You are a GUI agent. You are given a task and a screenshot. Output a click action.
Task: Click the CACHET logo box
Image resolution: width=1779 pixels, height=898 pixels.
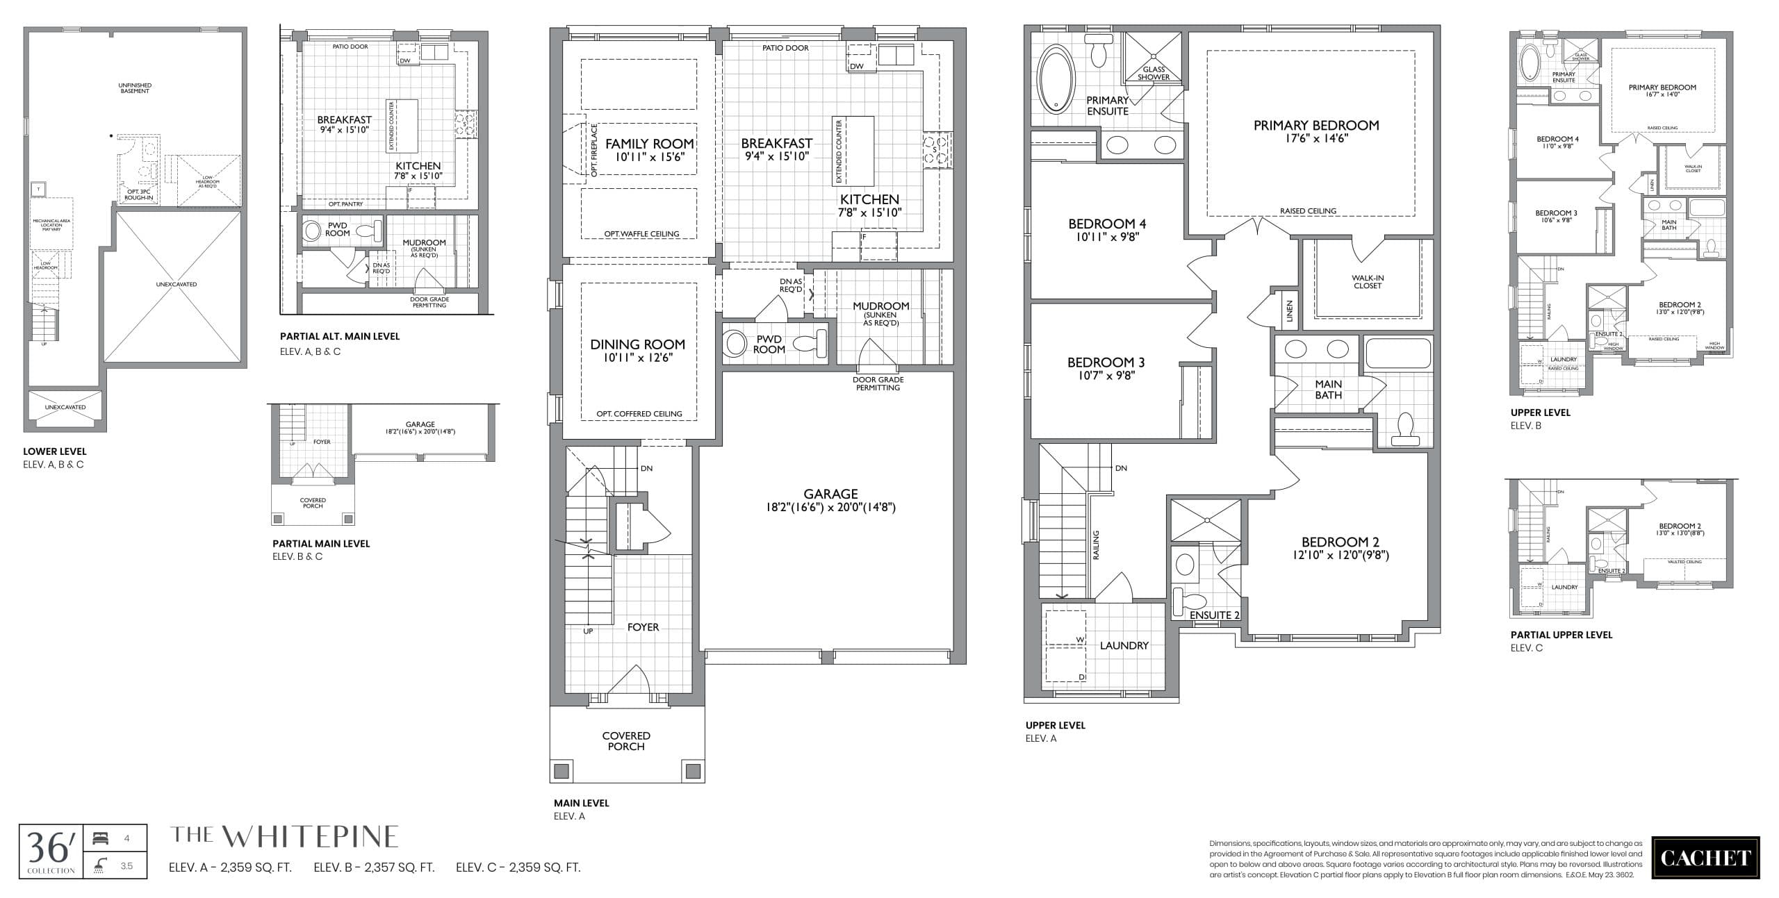coord(1705,858)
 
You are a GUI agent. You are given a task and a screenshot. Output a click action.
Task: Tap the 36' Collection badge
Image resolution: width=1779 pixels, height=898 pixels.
coord(51,851)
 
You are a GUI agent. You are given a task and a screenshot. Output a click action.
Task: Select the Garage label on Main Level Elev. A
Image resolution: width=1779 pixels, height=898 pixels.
coord(830,494)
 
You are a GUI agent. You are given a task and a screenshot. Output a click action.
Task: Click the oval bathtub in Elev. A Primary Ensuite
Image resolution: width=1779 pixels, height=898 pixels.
coord(1056,78)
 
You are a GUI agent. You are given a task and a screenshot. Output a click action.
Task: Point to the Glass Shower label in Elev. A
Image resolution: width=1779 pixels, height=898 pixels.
coord(1154,73)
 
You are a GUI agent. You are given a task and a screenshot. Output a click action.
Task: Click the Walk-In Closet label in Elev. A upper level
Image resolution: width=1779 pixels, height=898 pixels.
coord(1368,281)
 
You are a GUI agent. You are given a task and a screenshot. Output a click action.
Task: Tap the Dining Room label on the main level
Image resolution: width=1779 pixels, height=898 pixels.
coord(637,344)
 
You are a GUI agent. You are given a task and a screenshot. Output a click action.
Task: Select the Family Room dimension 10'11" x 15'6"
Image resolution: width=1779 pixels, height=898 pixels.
coord(650,158)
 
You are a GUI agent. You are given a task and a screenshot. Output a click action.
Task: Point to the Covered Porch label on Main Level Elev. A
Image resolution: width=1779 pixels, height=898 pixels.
coord(626,740)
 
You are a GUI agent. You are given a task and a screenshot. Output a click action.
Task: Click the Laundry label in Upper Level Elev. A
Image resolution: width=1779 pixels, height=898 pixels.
coord(1124,645)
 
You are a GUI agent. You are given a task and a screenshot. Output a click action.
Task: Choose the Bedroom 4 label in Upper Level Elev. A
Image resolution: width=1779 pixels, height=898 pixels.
coord(1107,224)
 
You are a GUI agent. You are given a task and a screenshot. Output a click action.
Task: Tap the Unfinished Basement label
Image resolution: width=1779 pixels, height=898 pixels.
coord(135,88)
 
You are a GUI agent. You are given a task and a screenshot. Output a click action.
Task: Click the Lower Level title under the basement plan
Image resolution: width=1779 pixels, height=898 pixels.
coord(55,451)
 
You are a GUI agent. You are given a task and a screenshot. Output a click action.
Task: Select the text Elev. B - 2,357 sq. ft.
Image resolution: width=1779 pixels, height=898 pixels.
coord(374,867)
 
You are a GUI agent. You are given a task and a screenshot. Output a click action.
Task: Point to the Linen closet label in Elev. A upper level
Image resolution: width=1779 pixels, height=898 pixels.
coord(1290,310)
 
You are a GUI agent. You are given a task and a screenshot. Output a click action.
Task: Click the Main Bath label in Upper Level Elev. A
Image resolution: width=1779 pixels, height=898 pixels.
coord(1328,389)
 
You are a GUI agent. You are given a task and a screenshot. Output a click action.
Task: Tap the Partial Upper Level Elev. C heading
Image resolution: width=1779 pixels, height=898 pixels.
coord(1561,635)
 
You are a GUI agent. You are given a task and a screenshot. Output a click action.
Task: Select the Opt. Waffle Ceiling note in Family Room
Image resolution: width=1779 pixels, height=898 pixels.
coord(641,234)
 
